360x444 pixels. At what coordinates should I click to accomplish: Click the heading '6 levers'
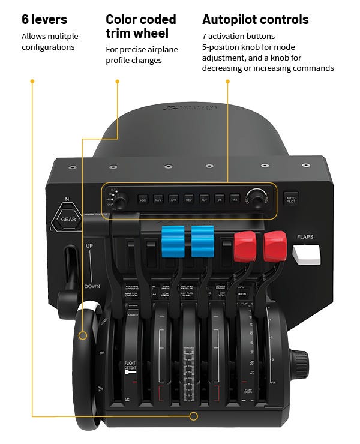pyautogui.click(x=45, y=19)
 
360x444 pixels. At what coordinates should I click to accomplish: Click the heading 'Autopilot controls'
pyautogui.click(x=256, y=19)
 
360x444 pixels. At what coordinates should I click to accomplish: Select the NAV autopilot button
pyautogui.click(x=158, y=197)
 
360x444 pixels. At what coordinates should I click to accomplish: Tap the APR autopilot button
pyautogui.click(x=173, y=197)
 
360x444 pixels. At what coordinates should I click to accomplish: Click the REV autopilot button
pyautogui.click(x=189, y=197)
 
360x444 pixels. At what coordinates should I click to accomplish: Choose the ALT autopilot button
pyautogui.click(x=204, y=197)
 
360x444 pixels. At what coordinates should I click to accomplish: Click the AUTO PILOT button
pyautogui.click(x=291, y=199)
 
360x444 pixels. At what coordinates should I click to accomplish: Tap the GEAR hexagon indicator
pyautogui.click(x=67, y=218)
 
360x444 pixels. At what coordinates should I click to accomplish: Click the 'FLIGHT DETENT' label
pyautogui.click(x=130, y=366)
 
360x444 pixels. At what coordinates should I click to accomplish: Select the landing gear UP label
pyautogui.click(x=89, y=247)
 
